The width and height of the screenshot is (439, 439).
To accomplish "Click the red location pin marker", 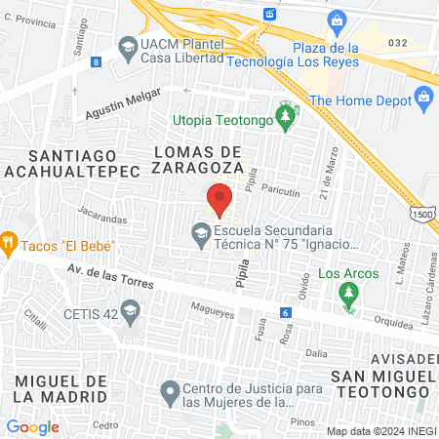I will pyautogui.click(x=219, y=198).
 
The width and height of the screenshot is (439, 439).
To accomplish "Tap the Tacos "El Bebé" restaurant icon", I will pyautogui.click(x=9, y=243).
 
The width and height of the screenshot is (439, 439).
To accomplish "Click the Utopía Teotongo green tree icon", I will pyautogui.click(x=285, y=119).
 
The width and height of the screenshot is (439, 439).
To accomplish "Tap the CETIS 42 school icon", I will pyautogui.click(x=130, y=312).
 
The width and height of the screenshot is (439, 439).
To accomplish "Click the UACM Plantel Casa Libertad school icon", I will pyautogui.click(x=128, y=46).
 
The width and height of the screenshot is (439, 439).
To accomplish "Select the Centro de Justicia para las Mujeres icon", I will pyautogui.click(x=170, y=392).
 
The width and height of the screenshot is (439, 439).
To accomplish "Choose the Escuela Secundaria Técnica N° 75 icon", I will pyautogui.click(x=200, y=233).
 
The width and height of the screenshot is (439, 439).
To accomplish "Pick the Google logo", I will pyautogui.click(x=32, y=426).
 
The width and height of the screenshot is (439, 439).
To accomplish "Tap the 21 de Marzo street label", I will pyautogui.click(x=327, y=175).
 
